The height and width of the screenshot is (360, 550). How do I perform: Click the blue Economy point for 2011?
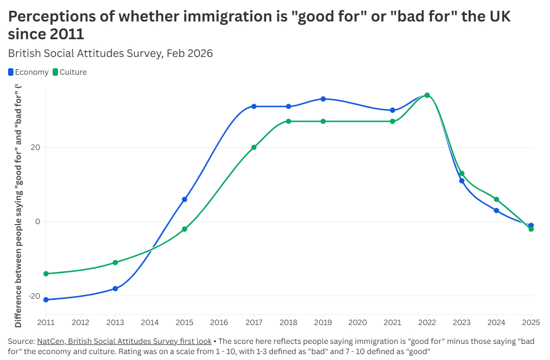[46, 299]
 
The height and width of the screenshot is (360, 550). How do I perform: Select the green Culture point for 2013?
[115, 262]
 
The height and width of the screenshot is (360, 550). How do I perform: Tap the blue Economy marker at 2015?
[185, 199]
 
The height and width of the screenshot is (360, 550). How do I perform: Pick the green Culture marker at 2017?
[254, 147]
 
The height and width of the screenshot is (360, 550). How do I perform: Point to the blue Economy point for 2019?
[323, 99]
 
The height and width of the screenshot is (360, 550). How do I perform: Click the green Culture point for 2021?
[393, 121]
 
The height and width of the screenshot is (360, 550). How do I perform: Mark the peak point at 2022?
[427, 95]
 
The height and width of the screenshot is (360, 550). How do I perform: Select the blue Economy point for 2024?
[496, 211]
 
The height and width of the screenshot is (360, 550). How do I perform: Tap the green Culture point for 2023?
[462, 174]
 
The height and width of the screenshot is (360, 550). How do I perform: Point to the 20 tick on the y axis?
[35, 147]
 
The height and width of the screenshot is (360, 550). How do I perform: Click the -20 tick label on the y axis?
[33, 296]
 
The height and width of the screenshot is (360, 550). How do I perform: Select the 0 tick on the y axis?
[38, 221]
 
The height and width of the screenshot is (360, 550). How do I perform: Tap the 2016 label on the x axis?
[219, 322]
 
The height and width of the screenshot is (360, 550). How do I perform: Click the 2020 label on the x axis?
[358, 322]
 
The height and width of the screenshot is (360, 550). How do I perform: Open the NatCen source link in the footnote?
[124, 341]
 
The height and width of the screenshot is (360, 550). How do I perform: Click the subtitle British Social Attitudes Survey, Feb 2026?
[111, 53]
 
